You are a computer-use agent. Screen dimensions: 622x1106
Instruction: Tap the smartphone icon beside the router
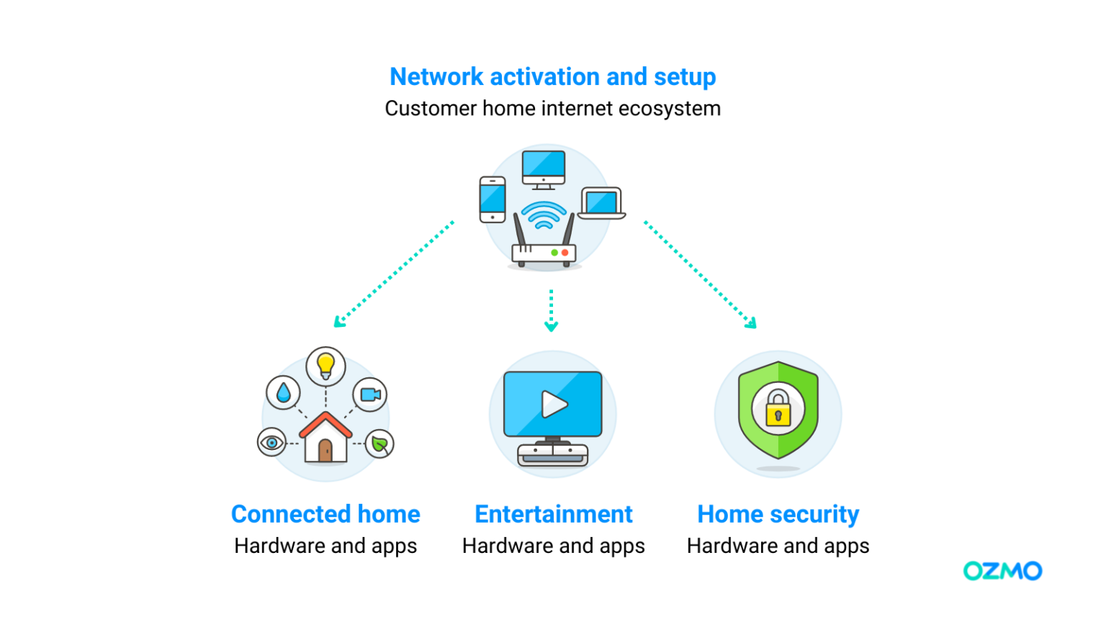point(493,199)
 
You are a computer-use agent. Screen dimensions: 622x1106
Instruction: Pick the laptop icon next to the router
point(601,204)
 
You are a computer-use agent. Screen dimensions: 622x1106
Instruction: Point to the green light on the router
point(554,253)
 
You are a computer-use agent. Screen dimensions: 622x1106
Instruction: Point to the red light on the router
point(565,253)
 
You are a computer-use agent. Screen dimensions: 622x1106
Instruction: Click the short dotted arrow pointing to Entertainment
point(551,311)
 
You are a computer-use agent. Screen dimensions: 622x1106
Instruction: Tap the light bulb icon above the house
point(326,365)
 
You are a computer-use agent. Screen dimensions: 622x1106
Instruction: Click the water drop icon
point(284,392)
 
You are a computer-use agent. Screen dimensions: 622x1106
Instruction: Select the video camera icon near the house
point(370,395)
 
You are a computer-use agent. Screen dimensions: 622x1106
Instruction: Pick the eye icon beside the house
point(271,442)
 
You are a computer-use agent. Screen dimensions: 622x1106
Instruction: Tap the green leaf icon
point(379,443)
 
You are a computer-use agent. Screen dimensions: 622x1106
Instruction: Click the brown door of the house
point(325,451)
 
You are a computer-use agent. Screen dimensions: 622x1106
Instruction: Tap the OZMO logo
point(1002,571)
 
